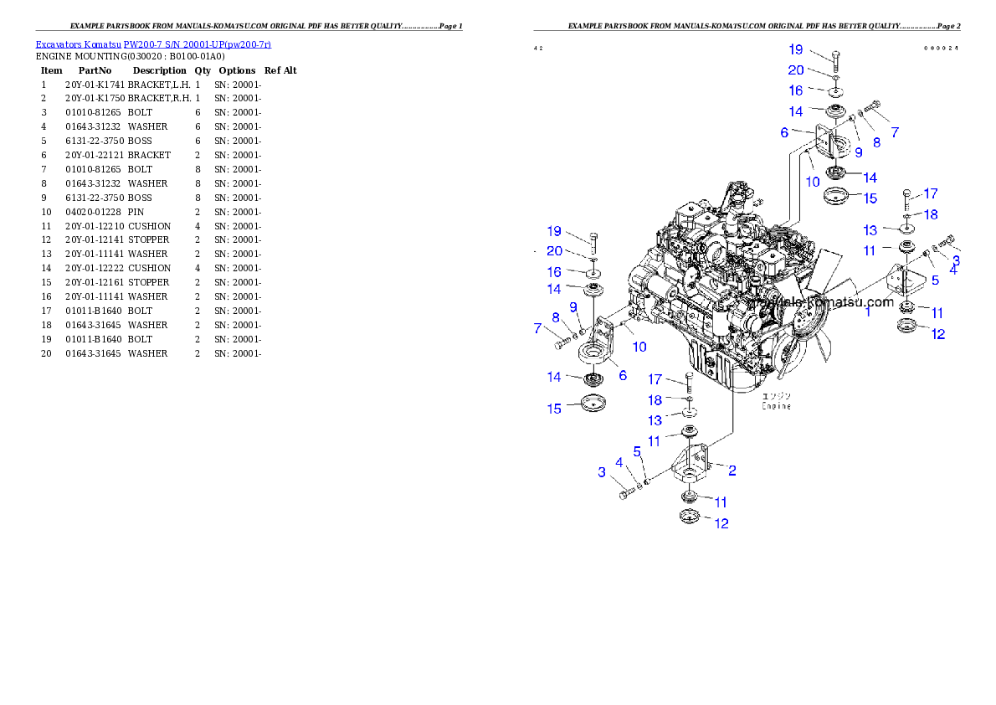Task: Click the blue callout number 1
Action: pyautogui.click(x=869, y=311)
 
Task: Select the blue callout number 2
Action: pyautogui.click(x=732, y=471)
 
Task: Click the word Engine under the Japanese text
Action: pyautogui.click(x=776, y=406)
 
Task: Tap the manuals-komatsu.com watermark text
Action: pyautogui.click(x=824, y=302)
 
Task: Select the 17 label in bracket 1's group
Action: pyautogui.click(x=931, y=193)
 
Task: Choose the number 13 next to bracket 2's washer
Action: pyautogui.click(x=655, y=420)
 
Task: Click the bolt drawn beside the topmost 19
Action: pyautogui.click(x=836, y=61)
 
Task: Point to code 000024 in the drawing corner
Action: pyautogui.click(x=941, y=49)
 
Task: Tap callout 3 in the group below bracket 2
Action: pyautogui.click(x=602, y=472)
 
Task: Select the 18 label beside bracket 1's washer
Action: pyautogui.click(x=931, y=214)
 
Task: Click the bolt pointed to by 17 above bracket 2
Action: pyautogui.click(x=689, y=383)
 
